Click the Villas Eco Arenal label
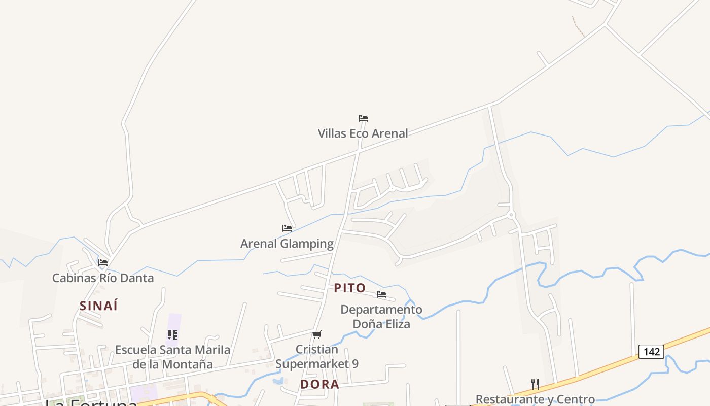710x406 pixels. [x=363, y=133]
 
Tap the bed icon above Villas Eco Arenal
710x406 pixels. [x=363, y=118]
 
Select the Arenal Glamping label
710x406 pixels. [x=287, y=244]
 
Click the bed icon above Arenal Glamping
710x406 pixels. [x=287, y=228]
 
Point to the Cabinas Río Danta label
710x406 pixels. [x=103, y=278]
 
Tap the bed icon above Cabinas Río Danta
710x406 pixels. [x=103, y=263]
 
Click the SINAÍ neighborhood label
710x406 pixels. [x=98, y=306]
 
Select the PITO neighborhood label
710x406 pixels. [x=350, y=288]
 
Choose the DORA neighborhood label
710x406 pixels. [x=319, y=384]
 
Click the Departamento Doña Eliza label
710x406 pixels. [x=381, y=316]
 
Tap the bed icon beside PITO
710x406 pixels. [x=381, y=294]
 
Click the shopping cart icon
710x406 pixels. [x=317, y=334]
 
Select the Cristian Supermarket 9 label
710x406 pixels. [x=317, y=357]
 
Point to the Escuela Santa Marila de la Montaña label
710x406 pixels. [x=172, y=357]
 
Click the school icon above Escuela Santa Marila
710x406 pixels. [x=172, y=335]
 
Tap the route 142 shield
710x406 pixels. [x=651, y=352]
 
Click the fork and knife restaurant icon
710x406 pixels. [x=535, y=384]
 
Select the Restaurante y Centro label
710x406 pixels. [x=535, y=399]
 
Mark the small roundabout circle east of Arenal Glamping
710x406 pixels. [x=511, y=215]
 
